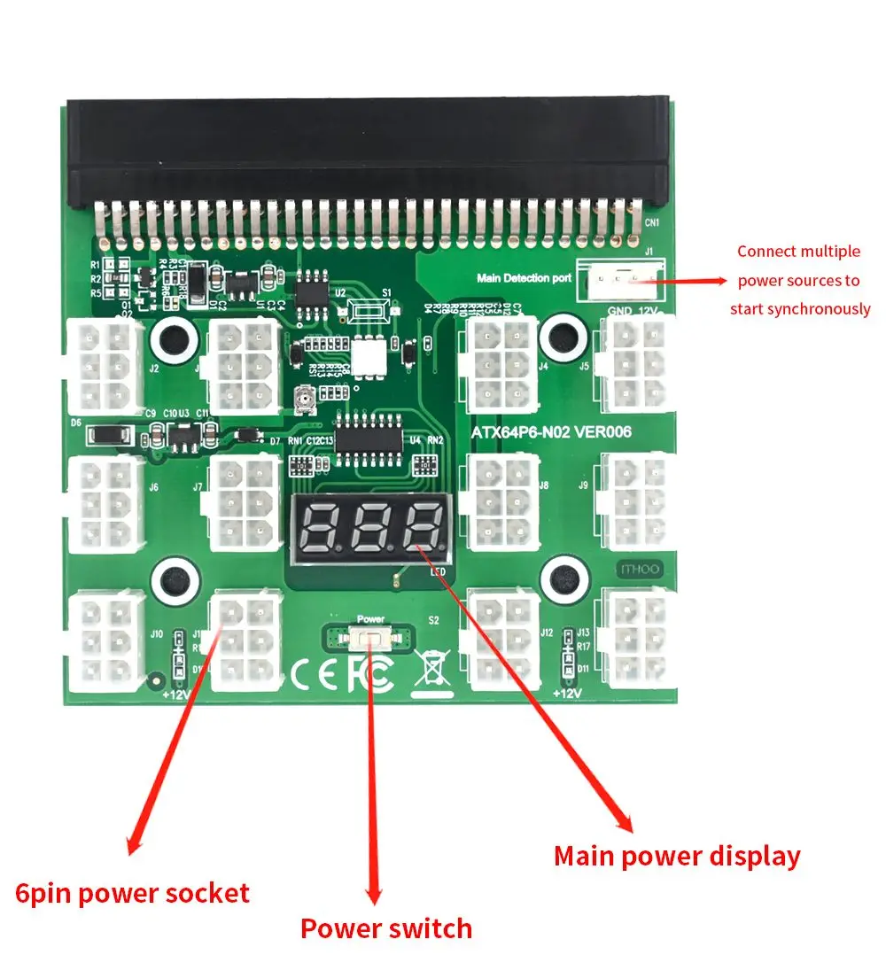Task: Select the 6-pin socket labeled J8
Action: point(501,502)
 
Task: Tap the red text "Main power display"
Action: point(677,857)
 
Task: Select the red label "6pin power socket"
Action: point(133,893)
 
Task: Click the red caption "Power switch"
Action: point(386,928)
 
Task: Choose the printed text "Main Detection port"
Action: point(524,278)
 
